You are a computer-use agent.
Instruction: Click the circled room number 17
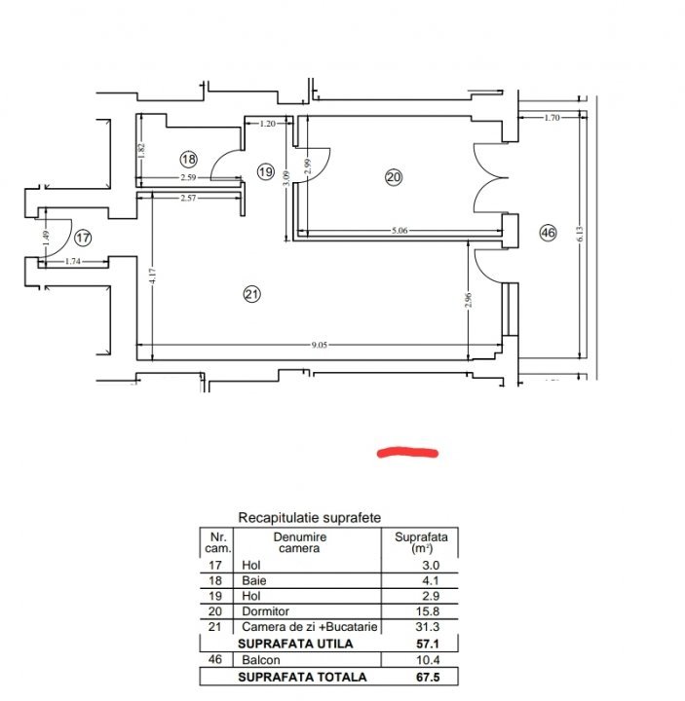pyautogui.click(x=83, y=238)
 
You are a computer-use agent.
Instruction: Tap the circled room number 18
pyautogui.click(x=189, y=159)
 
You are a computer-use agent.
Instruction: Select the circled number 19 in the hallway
pyautogui.click(x=266, y=171)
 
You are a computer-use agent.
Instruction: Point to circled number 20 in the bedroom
pyautogui.click(x=394, y=177)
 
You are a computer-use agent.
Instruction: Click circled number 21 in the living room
pyautogui.click(x=252, y=294)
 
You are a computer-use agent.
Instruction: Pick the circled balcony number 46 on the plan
pyautogui.click(x=548, y=233)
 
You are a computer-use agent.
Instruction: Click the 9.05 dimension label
pyautogui.click(x=319, y=345)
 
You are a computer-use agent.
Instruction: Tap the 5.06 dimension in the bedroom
pyautogui.click(x=400, y=231)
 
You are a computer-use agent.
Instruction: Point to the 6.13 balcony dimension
pyautogui.click(x=581, y=234)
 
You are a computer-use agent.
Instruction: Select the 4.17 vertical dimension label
pyautogui.click(x=153, y=276)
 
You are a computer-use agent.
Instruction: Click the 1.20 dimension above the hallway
pyautogui.click(x=267, y=124)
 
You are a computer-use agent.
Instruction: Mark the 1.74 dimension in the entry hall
pyautogui.click(x=72, y=261)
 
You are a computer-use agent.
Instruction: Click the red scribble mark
pyautogui.click(x=407, y=453)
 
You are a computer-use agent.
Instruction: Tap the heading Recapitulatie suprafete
pyautogui.click(x=310, y=517)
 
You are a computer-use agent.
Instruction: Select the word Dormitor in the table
pyautogui.click(x=265, y=611)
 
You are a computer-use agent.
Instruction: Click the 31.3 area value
pyautogui.click(x=428, y=627)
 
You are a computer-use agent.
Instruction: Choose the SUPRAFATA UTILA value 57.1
pyautogui.click(x=428, y=644)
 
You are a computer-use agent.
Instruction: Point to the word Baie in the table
pyautogui.click(x=254, y=580)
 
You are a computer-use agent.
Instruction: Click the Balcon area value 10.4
pyautogui.click(x=428, y=660)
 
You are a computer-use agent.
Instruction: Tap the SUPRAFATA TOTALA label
pyautogui.click(x=302, y=677)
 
